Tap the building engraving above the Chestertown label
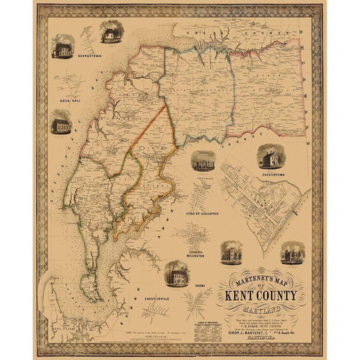pos(270,157)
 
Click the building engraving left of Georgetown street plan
pos(61,49)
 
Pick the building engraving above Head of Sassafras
pos(203,162)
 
